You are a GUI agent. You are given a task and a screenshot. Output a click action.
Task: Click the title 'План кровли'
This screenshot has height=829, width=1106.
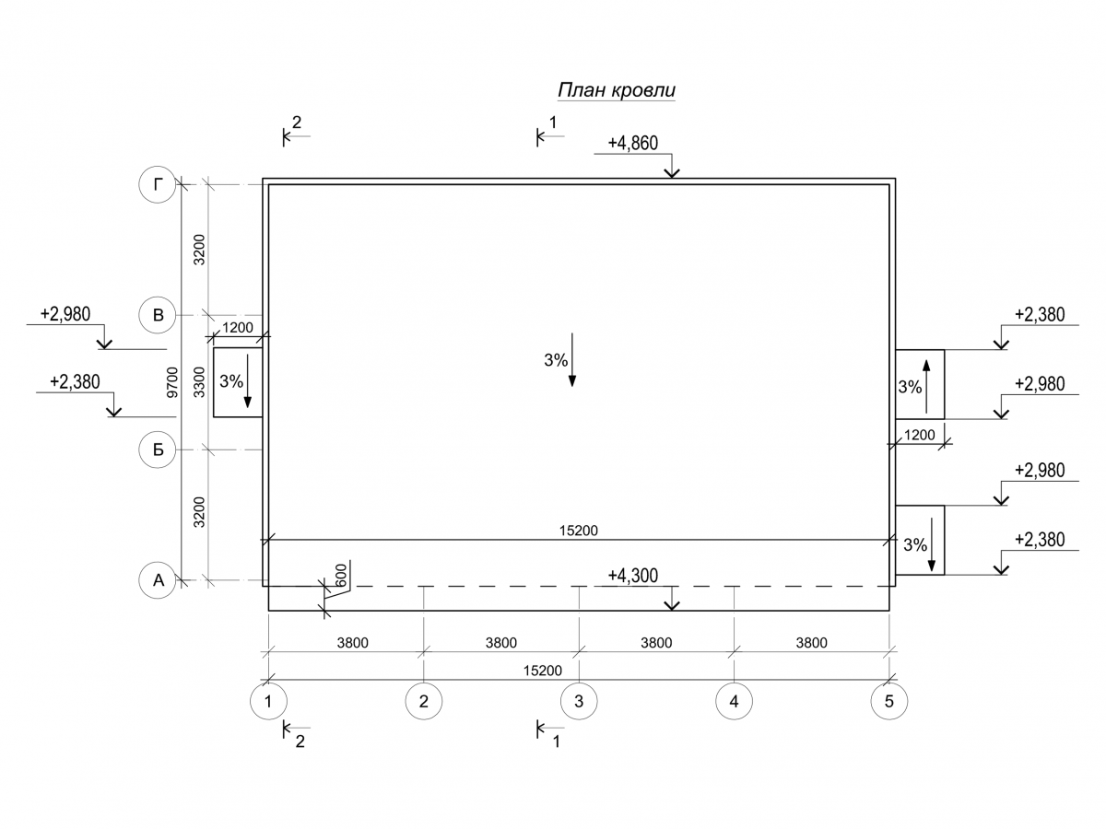point(617,90)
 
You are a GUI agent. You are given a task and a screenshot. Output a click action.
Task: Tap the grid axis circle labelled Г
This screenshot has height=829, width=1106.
point(158,185)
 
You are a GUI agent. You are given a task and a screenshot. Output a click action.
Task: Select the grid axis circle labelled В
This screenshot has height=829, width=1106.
point(158,315)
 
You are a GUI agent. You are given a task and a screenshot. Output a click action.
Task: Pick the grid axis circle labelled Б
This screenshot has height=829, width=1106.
point(158,450)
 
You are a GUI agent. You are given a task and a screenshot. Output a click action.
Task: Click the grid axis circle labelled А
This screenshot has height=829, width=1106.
point(158,580)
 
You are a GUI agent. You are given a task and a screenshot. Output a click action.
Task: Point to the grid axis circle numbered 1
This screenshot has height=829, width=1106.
point(268,702)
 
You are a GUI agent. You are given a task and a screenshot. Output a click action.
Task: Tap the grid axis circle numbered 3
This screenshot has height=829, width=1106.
point(579,702)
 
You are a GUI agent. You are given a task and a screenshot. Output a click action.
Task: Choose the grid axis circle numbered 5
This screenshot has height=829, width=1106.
point(888,702)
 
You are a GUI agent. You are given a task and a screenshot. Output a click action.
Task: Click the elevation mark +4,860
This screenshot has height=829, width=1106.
point(632,144)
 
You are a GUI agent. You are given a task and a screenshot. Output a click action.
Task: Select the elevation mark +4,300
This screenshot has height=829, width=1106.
point(632,577)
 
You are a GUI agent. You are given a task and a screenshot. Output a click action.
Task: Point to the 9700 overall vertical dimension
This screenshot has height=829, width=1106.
point(171,382)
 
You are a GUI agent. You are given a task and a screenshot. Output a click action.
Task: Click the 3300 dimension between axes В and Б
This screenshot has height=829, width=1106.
point(198,382)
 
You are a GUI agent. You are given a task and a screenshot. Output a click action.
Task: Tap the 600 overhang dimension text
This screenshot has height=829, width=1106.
point(340,574)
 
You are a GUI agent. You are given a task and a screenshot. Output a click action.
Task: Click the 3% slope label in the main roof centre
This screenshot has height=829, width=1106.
point(556,361)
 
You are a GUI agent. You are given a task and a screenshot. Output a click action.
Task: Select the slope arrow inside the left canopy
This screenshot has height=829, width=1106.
point(247,382)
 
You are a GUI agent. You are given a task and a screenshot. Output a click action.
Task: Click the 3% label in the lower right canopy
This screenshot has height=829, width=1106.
point(914,545)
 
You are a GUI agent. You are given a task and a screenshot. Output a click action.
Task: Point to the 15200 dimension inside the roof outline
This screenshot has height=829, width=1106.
point(580,531)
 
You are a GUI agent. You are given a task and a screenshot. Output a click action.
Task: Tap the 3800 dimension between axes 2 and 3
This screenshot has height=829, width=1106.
point(501,643)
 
